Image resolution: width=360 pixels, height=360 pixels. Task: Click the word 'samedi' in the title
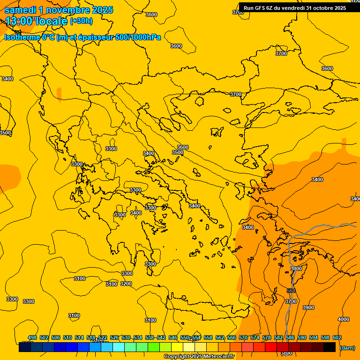(x=20, y=10)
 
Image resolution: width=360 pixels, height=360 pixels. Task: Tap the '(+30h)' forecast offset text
(x=81, y=21)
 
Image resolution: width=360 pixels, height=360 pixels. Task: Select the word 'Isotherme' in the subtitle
(x=22, y=37)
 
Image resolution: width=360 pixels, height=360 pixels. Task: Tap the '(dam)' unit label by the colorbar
(x=347, y=347)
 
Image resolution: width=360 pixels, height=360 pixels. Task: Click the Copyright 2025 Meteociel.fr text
(x=199, y=356)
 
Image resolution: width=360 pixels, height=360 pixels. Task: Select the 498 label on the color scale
(x=32, y=337)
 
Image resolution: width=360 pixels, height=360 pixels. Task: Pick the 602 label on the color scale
(x=337, y=337)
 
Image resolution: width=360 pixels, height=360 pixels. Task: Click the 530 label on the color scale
(x=126, y=337)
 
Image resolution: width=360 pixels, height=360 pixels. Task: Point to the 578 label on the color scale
(x=267, y=337)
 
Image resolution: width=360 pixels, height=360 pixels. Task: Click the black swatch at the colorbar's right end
(x=330, y=347)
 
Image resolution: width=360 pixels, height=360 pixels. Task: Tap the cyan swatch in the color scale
(x=119, y=347)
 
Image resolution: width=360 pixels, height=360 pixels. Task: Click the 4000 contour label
(x=344, y=319)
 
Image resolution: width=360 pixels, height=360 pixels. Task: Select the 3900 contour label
(x=308, y=307)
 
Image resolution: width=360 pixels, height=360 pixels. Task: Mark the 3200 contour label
(x=126, y=284)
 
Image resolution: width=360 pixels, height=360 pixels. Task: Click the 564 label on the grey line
(x=291, y=291)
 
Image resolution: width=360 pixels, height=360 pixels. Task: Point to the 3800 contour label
(x=286, y=352)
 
